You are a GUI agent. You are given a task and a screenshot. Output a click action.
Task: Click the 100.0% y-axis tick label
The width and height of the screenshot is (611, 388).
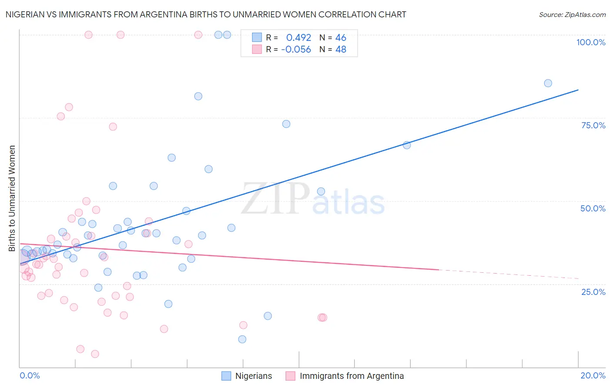click(591, 42)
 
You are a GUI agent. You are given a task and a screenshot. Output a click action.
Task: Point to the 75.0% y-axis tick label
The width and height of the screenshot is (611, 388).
click(593, 125)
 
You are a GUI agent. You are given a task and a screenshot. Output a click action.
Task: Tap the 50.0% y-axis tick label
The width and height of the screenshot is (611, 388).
click(593, 208)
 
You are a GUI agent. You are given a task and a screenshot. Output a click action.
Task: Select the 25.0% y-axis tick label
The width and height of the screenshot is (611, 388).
click(593, 292)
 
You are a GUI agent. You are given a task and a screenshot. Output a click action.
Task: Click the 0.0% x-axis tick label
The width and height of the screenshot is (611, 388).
click(30, 375)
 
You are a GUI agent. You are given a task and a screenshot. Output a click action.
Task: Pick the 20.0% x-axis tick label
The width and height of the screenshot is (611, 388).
click(593, 375)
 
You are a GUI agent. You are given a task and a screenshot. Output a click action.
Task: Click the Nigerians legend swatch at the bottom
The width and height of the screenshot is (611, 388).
click(226, 376)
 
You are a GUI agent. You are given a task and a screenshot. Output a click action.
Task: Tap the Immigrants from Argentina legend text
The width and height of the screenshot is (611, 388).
click(352, 376)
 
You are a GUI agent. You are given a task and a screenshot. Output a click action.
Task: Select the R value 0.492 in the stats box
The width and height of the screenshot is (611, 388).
click(299, 38)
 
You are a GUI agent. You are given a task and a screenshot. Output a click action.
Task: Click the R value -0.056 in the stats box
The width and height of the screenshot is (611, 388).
click(296, 50)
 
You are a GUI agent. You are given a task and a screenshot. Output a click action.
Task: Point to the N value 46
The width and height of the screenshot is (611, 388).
click(341, 38)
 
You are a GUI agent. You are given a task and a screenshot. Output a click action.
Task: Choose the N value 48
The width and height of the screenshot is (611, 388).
click(341, 50)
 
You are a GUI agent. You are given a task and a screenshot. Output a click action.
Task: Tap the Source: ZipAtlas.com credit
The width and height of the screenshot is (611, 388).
click(572, 14)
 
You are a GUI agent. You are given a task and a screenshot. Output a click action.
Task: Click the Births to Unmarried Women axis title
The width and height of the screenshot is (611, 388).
click(12, 198)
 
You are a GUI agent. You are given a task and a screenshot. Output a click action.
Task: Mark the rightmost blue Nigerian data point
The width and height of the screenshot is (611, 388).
click(548, 83)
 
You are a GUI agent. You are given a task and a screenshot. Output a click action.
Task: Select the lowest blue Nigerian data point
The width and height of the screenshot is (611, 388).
click(242, 339)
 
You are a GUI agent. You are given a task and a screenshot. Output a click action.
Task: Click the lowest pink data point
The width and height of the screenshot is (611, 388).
click(95, 354)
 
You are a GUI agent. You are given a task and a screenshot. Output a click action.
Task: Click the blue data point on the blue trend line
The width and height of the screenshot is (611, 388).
click(407, 145)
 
